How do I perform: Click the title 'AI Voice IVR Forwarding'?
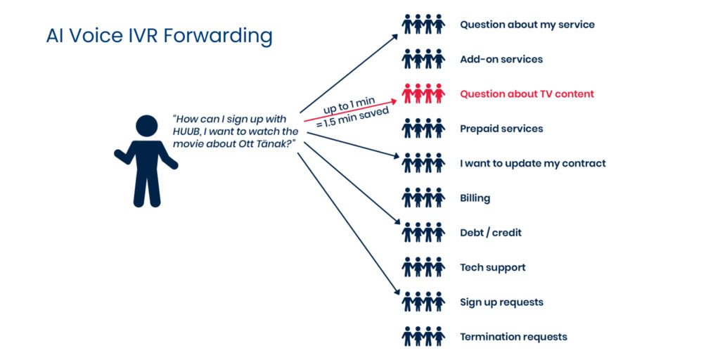(x=159, y=36)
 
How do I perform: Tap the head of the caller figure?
(x=146, y=127)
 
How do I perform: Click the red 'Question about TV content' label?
(x=527, y=94)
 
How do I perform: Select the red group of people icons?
(x=423, y=94)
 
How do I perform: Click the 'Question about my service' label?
(x=527, y=25)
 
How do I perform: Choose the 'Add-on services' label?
(x=501, y=60)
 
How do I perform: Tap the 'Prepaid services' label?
(x=501, y=129)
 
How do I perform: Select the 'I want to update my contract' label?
(x=532, y=164)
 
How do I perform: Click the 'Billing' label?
(x=475, y=198)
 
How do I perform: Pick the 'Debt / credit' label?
(x=491, y=233)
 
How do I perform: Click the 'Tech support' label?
(x=492, y=267)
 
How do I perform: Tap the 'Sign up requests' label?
(x=501, y=302)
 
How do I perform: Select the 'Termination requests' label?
(x=513, y=337)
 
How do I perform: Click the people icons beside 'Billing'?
(x=423, y=198)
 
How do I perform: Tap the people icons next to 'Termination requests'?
(x=423, y=337)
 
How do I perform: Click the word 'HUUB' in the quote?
(x=187, y=131)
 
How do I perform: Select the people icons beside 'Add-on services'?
(x=423, y=60)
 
